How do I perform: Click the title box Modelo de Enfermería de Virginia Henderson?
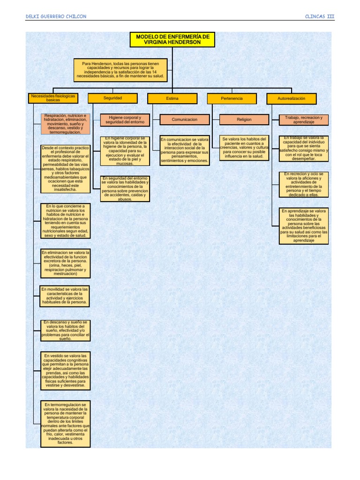[x=172, y=39]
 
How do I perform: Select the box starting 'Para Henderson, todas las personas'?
[x=122, y=69]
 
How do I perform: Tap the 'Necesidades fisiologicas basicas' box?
[x=52, y=98]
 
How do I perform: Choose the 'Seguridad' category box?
[x=112, y=98]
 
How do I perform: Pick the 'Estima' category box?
[x=172, y=98]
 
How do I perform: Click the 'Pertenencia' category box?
[x=232, y=98]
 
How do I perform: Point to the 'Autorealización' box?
[x=291, y=98]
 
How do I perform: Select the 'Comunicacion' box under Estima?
[x=184, y=120]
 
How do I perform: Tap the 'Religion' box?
[x=244, y=120]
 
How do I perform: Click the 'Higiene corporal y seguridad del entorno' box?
[x=125, y=120]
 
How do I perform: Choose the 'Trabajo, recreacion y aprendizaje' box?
[x=304, y=120]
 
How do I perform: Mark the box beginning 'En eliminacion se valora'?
[x=65, y=263]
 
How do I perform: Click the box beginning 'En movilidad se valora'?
[x=65, y=296]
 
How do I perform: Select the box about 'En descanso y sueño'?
[x=65, y=330]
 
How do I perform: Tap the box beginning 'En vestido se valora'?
[x=65, y=371]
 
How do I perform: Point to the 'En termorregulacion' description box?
[x=65, y=423]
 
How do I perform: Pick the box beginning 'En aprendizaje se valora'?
[x=304, y=226]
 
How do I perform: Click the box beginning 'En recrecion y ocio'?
[x=304, y=185]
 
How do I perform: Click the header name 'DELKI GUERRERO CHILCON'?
[x=56, y=16]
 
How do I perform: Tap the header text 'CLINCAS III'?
[x=319, y=16]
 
